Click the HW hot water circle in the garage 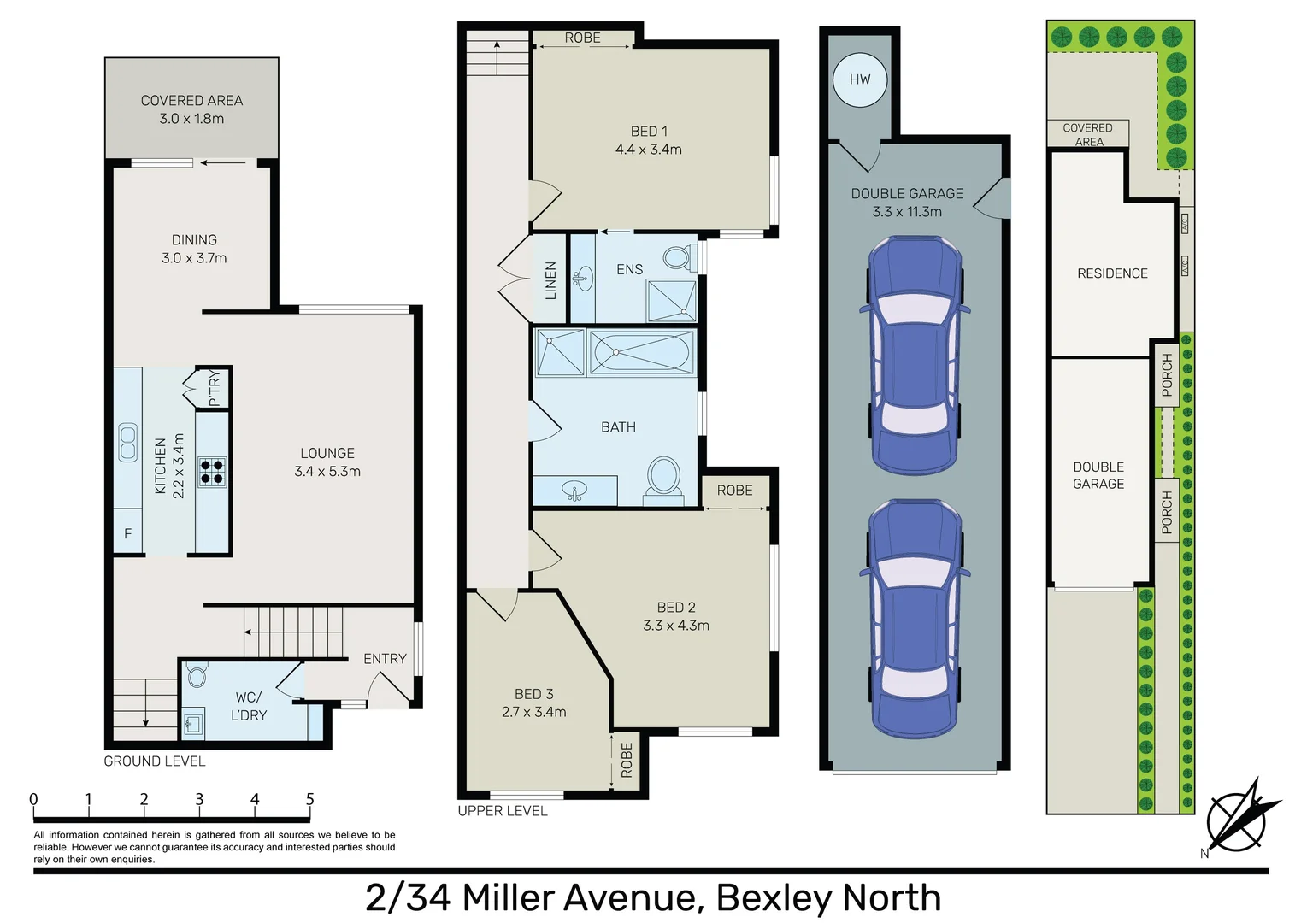(860, 79)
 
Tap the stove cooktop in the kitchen (212, 472)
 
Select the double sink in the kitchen (127, 441)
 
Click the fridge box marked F (127, 532)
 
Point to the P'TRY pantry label (215, 387)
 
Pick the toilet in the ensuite (680, 256)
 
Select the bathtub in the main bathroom (642, 352)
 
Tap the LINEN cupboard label (550, 280)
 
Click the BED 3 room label (534, 694)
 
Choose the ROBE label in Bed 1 (582, 38)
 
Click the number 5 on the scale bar (309, 799)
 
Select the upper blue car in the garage (915, 356)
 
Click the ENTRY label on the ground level (385, 659)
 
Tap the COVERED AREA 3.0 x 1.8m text (192, 109)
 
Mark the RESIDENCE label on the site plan (1112, 273)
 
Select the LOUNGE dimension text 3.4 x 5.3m (327, 471)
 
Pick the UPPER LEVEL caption (503, 811)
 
